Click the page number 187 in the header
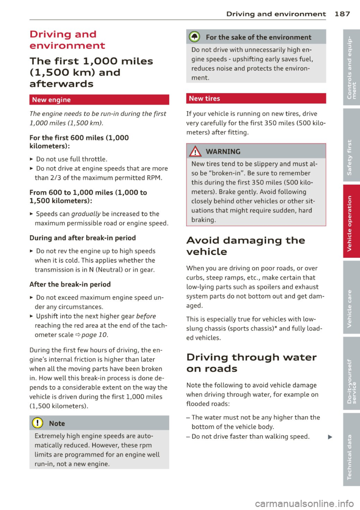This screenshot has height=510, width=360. (342, 14)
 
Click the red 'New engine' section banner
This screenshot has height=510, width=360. (99, 100)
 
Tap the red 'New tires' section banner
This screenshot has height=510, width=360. (256, 99)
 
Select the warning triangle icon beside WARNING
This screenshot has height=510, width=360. (195, 151)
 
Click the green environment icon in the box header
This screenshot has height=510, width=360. (194, 37)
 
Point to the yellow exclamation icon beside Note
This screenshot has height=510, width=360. (37, 423)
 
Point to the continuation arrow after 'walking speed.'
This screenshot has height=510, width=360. (330, 437)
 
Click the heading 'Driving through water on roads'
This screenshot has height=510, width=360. (251, 363)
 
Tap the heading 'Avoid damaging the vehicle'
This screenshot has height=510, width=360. (246, 246)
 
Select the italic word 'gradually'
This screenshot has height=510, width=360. (85, 214)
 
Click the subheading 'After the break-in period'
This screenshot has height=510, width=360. (70, 284)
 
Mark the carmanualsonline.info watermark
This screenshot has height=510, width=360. (304, 503)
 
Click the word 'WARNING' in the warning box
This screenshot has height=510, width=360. (223, 151)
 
